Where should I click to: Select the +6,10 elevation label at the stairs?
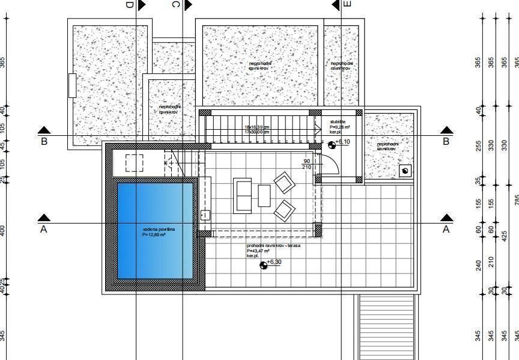tap(342, 142)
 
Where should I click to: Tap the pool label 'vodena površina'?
tap(159, 230)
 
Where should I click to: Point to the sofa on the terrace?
tap(243, 195)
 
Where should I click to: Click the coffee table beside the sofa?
tap(264, 195)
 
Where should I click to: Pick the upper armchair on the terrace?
tap(285, 183)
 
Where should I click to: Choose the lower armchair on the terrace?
tap(285, 210)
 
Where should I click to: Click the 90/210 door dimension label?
tap(306, 163)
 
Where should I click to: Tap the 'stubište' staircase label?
tap(338, 122)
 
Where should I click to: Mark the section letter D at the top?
tap(129, 5)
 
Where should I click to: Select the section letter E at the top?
tap(347, 4)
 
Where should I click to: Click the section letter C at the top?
tap(175, 5)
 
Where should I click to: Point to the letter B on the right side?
tap(446, 142)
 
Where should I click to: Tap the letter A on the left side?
tap(43, 230)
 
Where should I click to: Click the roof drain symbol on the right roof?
tap(405, 171)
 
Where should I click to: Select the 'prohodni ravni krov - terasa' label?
tap(273, 246)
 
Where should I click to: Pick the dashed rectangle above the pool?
tap(135, 163)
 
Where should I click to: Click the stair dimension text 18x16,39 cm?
tap(257, 127)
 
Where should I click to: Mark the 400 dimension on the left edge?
tap(3, 230)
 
